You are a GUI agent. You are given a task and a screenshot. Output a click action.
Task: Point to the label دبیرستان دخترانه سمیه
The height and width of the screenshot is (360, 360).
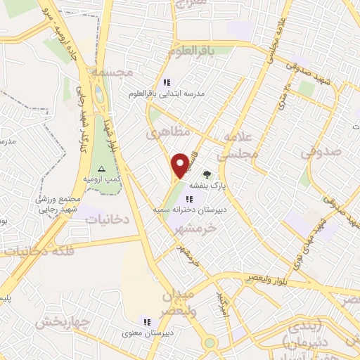[x=179, y=210]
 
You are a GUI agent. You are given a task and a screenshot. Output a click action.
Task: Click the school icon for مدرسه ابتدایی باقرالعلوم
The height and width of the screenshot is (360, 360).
[x=166, y=82]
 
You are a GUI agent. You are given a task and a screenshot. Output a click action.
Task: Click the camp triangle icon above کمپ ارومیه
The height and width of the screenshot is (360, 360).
[x=101, y=169]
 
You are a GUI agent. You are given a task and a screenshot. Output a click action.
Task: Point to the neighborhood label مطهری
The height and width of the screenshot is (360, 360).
[x=163, y=132]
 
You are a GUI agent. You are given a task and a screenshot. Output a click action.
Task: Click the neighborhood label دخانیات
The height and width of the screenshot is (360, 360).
[x=108, y=219]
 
